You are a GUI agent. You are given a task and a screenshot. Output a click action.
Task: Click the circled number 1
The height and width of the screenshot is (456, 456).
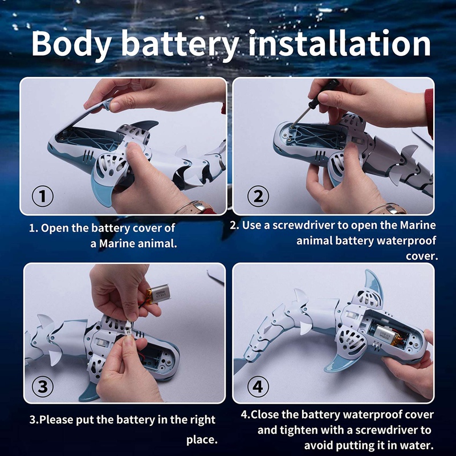pos(42,196)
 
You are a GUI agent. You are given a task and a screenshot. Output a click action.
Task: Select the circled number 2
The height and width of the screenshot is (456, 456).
pos(258,196)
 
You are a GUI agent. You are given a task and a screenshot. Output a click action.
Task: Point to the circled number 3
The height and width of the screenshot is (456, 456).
pos(42,387)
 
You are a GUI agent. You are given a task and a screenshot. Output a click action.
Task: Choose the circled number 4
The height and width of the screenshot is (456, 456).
pos(258,387)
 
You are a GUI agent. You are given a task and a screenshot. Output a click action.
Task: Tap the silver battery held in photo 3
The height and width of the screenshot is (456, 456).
pos(158,294)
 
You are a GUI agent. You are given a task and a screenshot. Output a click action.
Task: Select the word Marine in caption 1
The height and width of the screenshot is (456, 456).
pos(116,244)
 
